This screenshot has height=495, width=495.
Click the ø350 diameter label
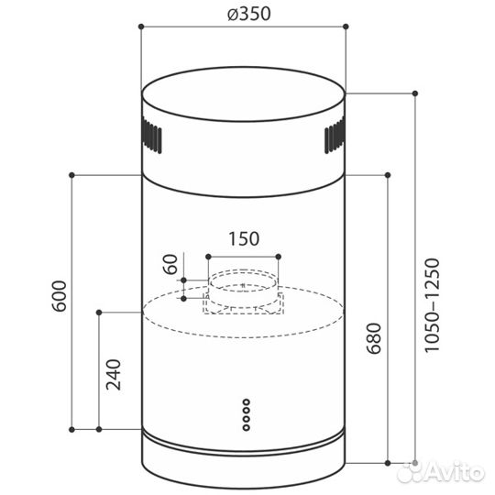(x=244, y=14)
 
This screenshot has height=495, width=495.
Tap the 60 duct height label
(x=169, y=268)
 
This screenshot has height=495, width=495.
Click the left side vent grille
(x=151, y=139)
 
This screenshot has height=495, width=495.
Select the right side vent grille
(x=334, y=138)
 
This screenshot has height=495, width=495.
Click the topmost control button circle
(x=245, y=401)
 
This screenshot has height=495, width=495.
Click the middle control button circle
(x=245, y=413)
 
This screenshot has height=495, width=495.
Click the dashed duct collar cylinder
(x=243, y=291)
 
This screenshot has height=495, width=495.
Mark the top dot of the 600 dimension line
(x=73, y=173)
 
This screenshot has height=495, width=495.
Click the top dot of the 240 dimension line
(x=98, y=312)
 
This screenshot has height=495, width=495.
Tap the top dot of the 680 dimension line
(x=390, y=173)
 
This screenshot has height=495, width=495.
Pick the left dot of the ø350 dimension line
(x=140, y=28)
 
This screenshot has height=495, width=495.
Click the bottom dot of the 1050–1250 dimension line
(x=416, y=460)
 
